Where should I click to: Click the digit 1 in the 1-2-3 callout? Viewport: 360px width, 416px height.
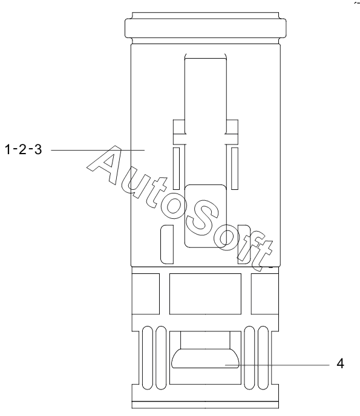pyautogui.click(x=8, y=149)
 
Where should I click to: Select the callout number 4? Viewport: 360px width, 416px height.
pyautogui.click(x=340, y=363)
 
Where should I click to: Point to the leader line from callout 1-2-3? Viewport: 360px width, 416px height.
pyautogui.click(x=97, y=150)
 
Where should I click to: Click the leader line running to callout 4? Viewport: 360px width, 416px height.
pyautogui.click(x=277, y=365)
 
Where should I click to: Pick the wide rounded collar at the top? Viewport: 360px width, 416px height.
pyautogui.click(x=206, y=28)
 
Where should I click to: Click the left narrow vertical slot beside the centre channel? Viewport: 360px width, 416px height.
pyautogui.click(x=176, y=169)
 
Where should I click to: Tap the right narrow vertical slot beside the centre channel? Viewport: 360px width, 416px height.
pyautogui.click(x=234, y=169)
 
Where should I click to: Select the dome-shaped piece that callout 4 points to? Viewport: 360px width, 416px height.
pyautogui.click(x=205, y=359)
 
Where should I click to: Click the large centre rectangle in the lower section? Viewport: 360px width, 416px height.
pyautogui.click(x=205, y=294)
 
